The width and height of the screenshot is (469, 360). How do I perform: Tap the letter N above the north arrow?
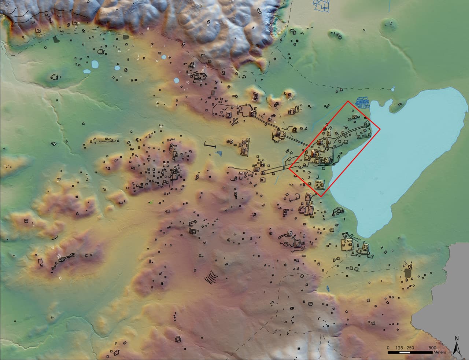pos(457,338)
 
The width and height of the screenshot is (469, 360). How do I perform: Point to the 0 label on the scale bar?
pos(388,348)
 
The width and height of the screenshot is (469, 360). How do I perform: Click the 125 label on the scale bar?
pos(400,348)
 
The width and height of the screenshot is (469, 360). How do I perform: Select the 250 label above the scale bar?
pos(411,348)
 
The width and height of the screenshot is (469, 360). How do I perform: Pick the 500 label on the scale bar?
pos(432,348)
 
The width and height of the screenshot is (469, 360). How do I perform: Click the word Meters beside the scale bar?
pos(439,352)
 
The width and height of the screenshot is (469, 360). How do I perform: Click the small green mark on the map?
pos(151,201)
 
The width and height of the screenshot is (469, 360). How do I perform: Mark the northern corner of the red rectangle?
pos(348,101)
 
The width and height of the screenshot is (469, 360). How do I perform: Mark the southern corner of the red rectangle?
pos(321,197)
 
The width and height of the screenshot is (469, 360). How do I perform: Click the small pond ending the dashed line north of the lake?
pos(393,88)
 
